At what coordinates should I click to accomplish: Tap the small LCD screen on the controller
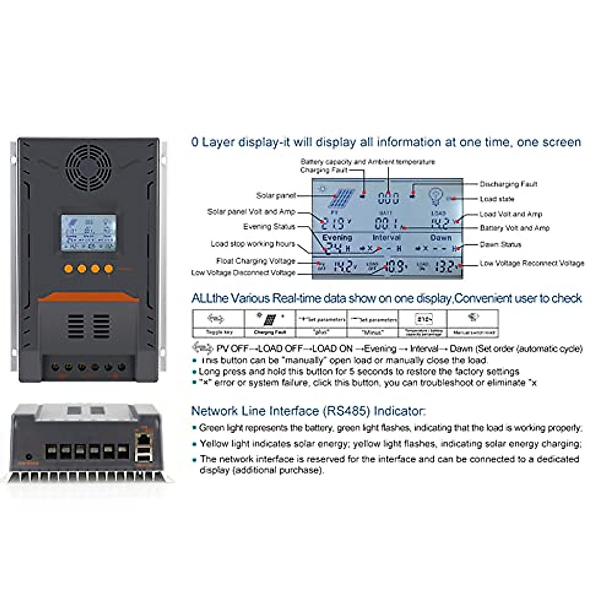coord(88,233)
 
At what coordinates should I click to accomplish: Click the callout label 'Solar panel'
coord(276,196)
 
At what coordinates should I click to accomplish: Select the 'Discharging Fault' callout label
coord(508,184)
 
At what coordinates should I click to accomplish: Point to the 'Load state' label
coord(497,199)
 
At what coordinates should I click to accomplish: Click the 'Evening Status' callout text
coord(269,227)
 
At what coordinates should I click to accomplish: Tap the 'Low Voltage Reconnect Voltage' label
coord(531,264)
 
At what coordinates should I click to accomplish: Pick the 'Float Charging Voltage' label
coord(255,261)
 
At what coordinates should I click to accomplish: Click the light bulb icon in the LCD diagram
coord(436,197)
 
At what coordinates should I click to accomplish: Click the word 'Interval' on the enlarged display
coord(387,238)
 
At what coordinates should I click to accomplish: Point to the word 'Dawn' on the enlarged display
coord(440,238)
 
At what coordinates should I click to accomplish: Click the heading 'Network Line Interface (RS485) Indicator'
coord(308,411)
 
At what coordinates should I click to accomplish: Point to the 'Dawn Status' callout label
coord(500,245)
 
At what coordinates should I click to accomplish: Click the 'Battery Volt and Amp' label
coord(514,228)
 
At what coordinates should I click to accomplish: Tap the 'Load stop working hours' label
coord(253,244)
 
